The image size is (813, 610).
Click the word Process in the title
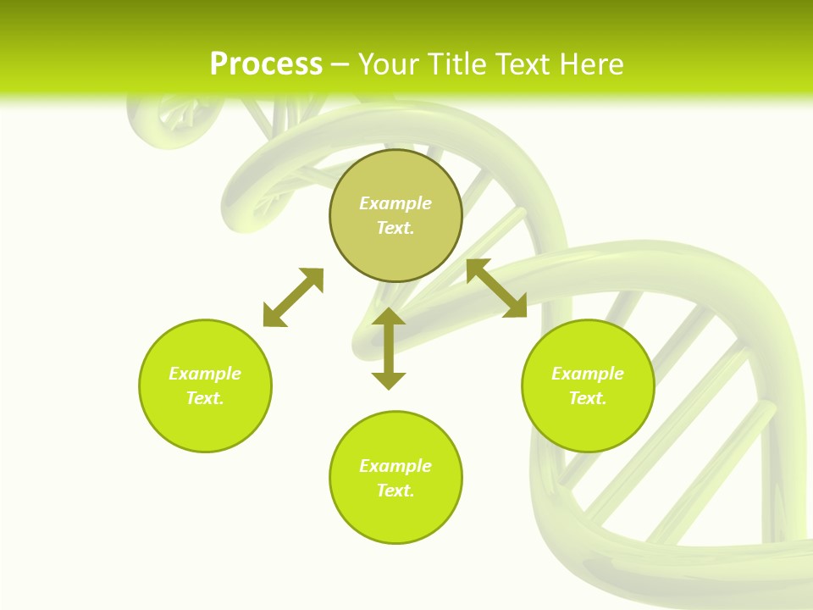point(266,64)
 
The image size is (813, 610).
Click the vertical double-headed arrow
point(389,349)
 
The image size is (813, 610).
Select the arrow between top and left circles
point(293,297)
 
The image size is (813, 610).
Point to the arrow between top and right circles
point(496,288)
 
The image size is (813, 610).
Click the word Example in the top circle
point(395,203)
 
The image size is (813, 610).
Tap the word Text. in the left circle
point(205,398)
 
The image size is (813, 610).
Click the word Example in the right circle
point(588,374)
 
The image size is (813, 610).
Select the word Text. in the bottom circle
point(395,491)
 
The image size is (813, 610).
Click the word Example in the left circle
point(205,374)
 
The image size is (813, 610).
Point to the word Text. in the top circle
point(395,228)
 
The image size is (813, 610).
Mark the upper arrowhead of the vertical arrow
point(389,317)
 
